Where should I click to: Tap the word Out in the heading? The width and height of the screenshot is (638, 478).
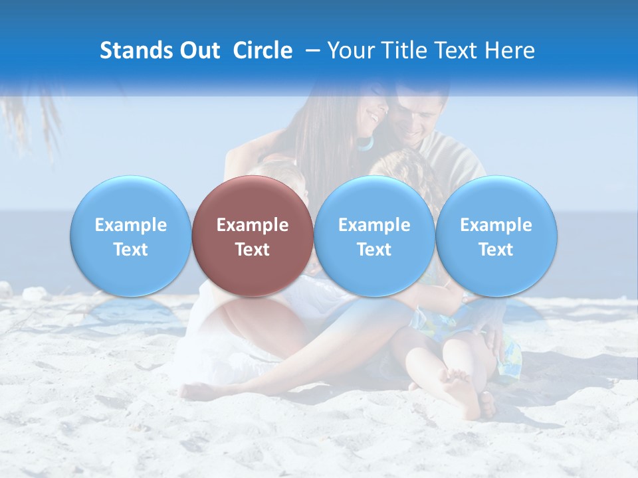point(197,50)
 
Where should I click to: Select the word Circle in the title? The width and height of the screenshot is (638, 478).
point(263,50)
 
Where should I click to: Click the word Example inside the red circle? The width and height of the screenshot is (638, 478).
point(253,225)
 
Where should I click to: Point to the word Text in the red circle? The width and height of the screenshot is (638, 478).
point(253,250)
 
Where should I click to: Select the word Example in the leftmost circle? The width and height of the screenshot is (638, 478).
point(131,225)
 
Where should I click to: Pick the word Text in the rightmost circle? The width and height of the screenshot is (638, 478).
point(496,250)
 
